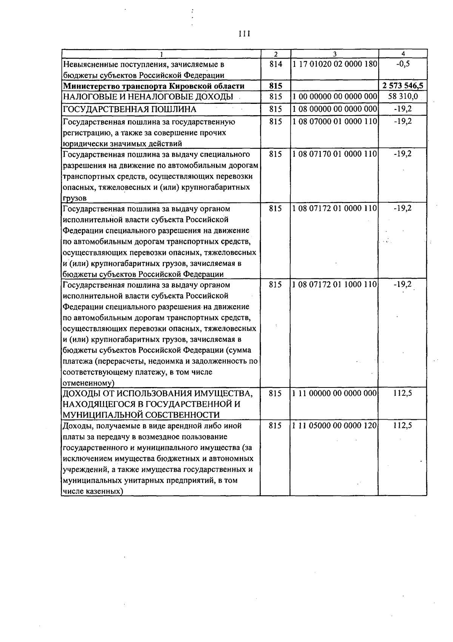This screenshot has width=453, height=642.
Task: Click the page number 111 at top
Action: click(x=245, y=34)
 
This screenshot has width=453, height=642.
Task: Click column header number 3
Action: click(x=334, y=54)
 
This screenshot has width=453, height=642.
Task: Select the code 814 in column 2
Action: click(x=276, y=64)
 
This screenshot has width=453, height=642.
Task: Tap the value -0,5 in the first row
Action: click(x=403, y=64)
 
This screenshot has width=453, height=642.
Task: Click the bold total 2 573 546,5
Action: click(x=403, y=86)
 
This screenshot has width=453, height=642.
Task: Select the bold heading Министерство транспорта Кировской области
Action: click(x=154, y=86)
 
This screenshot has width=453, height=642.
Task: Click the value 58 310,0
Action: click(x=403, y=96)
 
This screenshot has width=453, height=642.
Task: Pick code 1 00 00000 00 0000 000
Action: click(x=334, y=97)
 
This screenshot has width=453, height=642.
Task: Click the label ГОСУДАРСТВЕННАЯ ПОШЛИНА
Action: click(x=129, y=110)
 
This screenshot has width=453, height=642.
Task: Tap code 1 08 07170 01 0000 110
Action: click(x=334, y=154)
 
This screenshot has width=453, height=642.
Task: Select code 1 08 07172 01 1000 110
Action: click(x=334, y=285)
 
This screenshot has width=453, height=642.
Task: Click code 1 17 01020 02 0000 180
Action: click(x=334, y=64)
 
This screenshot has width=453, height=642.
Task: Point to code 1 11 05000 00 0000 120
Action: click(x=334, y=426)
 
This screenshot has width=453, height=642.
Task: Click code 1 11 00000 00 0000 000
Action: click(x=334, y=393)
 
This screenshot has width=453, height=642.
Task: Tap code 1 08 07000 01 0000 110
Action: click(x=334, y=122)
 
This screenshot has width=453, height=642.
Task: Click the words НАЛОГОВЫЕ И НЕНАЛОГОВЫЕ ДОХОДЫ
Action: click(x=148, y=97)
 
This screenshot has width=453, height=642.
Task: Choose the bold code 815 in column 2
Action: click(x=276, y=86)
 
